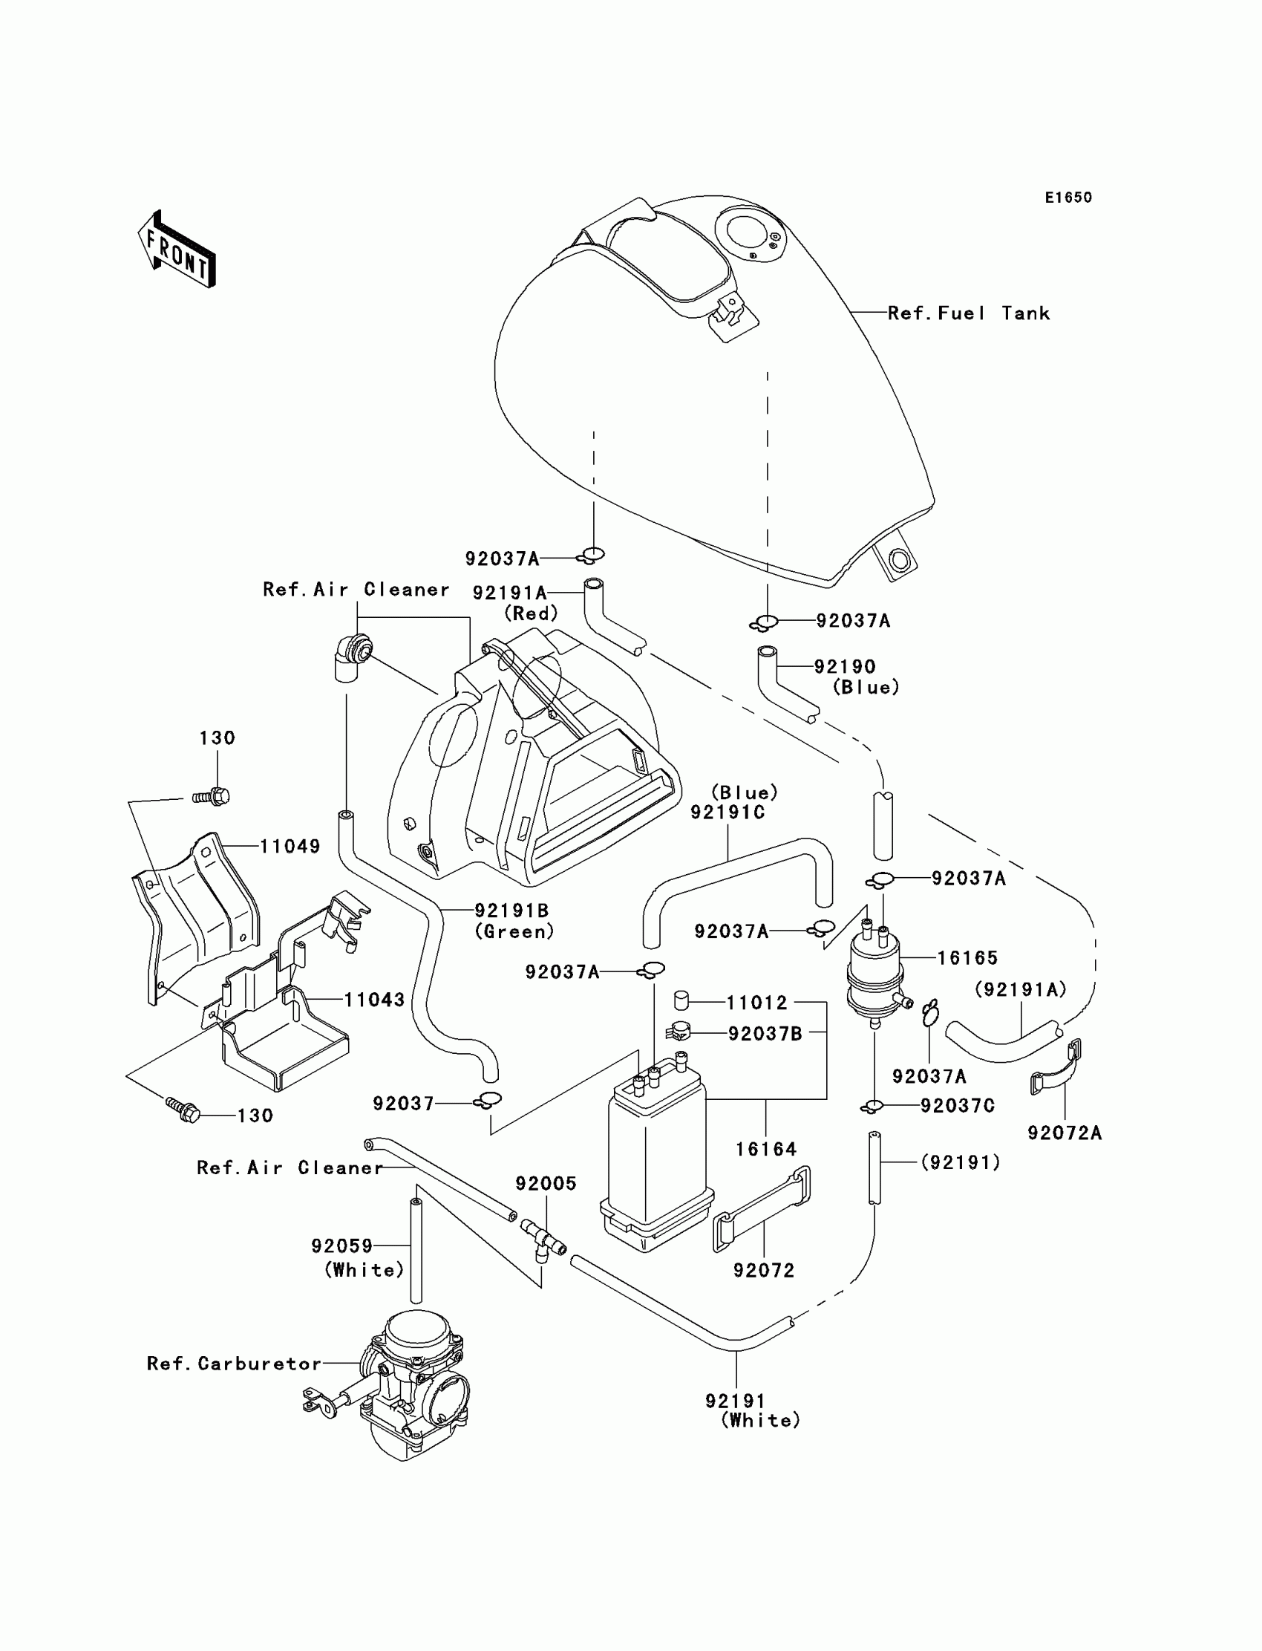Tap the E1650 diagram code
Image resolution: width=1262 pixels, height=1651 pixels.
(1068, 198)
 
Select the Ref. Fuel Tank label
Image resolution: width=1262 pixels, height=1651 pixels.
(968, 313)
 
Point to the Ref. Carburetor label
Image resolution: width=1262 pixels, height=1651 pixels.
(234, 1364)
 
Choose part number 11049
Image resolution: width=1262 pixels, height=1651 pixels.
(290, 846)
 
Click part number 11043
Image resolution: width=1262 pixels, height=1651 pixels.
(374, 1000)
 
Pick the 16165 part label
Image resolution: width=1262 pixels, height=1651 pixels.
(967, 958)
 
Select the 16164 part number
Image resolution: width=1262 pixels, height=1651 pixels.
(765, 1149)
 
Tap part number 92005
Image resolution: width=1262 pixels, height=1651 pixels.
(546, 1184)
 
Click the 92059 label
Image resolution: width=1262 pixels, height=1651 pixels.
(342, 1246)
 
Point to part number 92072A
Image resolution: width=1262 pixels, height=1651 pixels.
(1065, 1133)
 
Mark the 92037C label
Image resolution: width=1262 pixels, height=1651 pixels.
(958, 1105)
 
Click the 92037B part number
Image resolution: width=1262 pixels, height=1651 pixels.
(765, 1034)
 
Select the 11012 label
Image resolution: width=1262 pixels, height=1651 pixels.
(756, 1003)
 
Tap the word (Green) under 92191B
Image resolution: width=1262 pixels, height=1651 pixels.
(514, 932)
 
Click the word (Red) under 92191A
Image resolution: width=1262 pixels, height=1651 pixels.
(531, 614)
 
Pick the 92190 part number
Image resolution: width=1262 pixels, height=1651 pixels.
(845, 666)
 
